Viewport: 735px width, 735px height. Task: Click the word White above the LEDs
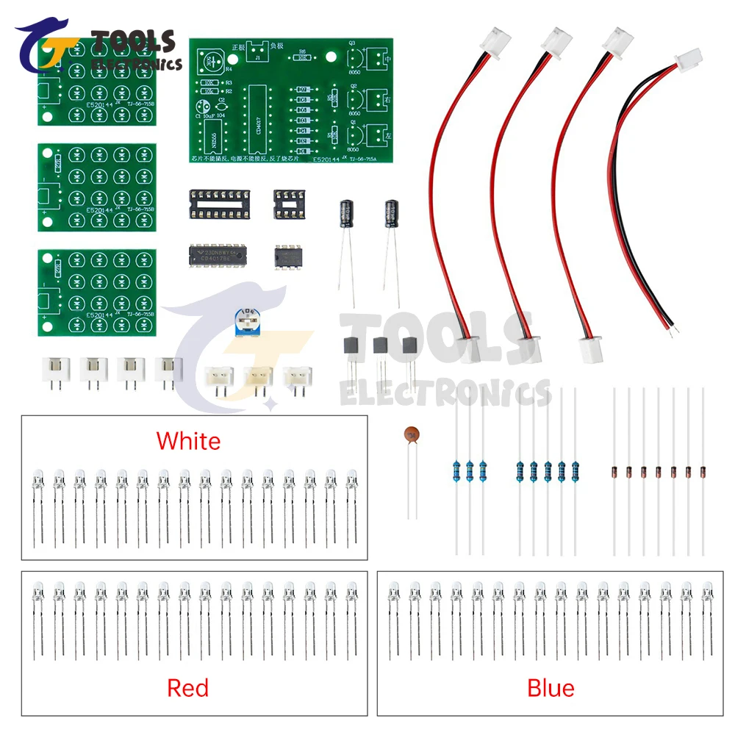click(x=188, y=441)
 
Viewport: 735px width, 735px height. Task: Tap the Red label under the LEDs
click(x=188, y=688)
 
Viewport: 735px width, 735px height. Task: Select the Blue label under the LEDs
click(x=551, y=688)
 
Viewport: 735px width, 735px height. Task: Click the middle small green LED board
click(x=98, y=187)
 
